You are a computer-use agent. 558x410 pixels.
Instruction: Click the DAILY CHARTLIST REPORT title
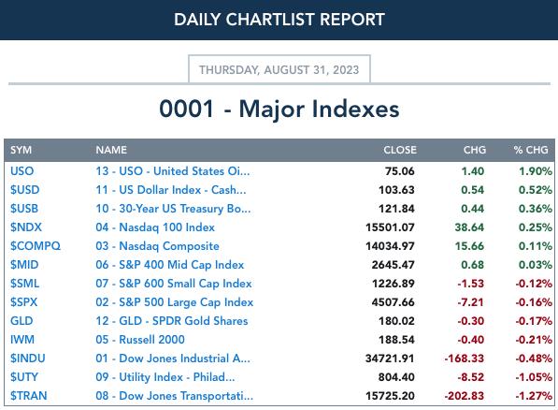point(279,20)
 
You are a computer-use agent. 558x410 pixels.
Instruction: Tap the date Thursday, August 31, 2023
point(279,70)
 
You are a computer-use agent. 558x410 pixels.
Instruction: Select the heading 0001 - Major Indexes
point(279,109)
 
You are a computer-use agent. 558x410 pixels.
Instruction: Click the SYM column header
point(21,150)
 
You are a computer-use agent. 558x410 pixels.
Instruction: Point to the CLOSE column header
point(400,150)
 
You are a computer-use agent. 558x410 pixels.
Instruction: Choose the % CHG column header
point(531,150)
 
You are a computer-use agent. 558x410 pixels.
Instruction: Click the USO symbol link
point(22,171)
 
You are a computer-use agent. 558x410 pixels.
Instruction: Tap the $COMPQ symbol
point(36,246)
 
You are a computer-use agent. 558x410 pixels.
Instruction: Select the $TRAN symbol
point(28,396)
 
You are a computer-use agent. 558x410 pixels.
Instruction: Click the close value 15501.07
point(390,227)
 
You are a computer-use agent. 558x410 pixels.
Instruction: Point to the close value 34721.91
point(390,359)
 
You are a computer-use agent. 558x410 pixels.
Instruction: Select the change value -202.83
point(464,396)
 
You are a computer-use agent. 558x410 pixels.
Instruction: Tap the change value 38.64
point(469,227)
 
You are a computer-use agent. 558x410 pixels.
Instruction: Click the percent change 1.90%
point(536,171)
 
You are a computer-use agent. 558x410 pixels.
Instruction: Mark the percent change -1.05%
point(534,377)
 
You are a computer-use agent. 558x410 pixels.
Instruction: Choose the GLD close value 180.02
point(396,321)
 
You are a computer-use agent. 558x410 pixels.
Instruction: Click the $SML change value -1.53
point(470,284)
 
